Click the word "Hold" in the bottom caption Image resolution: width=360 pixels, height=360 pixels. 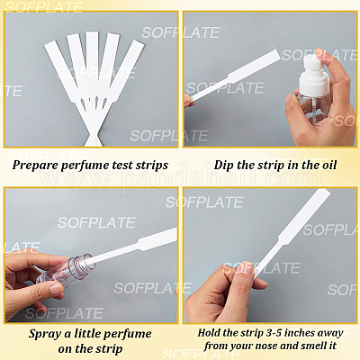209,333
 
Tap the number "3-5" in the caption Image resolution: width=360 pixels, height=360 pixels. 274,333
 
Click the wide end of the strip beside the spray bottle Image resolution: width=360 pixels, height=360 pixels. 255,66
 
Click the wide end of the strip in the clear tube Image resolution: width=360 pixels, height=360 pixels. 157,238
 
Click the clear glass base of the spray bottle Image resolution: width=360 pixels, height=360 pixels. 312,109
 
